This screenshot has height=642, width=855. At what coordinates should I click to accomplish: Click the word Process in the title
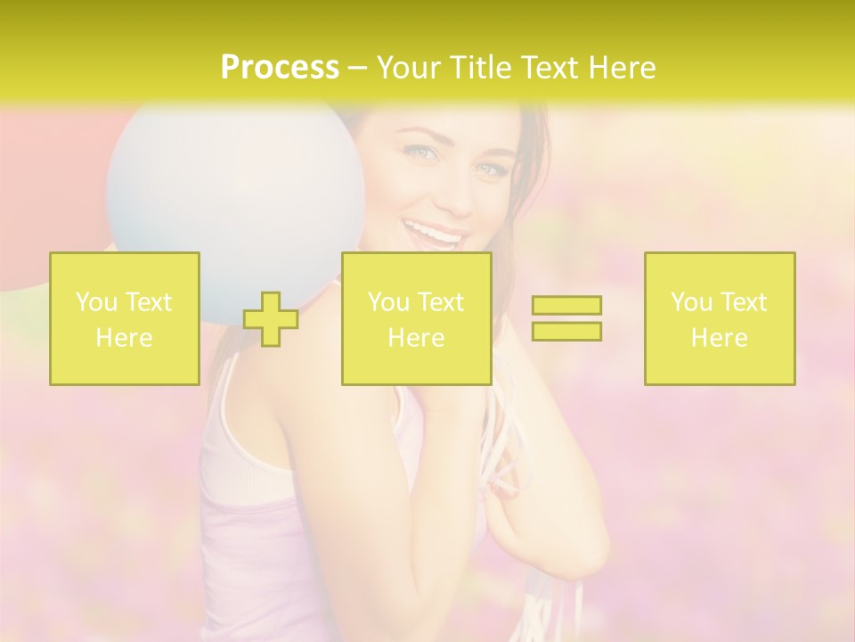click(280, 68)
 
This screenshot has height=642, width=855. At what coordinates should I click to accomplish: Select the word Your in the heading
click(411, 68)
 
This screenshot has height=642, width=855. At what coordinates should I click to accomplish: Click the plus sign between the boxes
click(271, 319)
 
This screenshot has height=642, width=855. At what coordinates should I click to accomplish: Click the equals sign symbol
click(566, 318)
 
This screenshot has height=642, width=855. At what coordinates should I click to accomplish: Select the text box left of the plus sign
click(125, 319)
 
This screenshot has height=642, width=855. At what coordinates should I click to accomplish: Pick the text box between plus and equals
click(416, 319)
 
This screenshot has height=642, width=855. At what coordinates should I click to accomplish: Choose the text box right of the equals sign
click(720, 319)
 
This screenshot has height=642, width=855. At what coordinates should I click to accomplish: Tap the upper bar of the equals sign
click(566, 305)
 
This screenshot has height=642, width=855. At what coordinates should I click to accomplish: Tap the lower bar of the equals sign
click(566, 331)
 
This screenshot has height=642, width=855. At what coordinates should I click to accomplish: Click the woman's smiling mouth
click(436, 236)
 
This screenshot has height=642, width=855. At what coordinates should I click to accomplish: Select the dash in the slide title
click(357, 68)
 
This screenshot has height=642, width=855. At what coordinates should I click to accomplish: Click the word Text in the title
click(545, 68)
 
